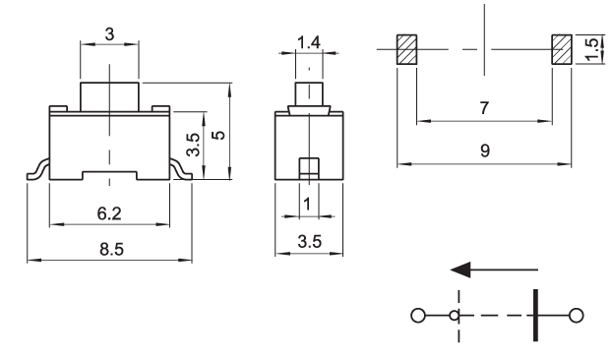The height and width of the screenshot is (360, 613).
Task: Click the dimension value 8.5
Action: [x=111, y=249]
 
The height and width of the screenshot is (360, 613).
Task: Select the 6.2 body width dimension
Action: [x=109, y=213]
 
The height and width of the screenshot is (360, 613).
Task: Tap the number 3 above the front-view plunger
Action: [x=110, y=34]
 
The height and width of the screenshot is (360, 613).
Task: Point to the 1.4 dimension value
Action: [x=309, y=42]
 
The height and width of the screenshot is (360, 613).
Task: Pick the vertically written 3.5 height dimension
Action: [x=193, y=145]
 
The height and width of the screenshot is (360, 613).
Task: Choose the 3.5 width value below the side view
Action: [x=310, y=242]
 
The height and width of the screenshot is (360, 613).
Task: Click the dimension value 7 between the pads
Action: [x=484, y=108]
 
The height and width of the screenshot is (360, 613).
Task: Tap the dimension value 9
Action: [x=485, y=150]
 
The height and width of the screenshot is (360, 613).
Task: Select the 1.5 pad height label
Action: [x=592, y=49]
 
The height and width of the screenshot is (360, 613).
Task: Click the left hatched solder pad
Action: [x=407, y=49]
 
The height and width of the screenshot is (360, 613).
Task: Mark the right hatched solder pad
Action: [x=562, y=49]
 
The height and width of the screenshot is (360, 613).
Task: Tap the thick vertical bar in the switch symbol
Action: [x=535, y=315]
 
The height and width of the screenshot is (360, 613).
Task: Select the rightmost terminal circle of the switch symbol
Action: [x=576, y=316]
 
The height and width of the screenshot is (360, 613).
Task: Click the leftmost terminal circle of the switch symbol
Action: [x=418, y=316]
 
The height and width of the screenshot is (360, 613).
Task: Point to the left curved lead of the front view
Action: [x=37, y=170]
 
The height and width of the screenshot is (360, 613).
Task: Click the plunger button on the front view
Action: [x=109, y=97]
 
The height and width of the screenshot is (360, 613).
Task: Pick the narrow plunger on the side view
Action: [x=309, y=93]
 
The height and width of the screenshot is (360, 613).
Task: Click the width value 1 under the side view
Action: [x=307, y=204]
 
